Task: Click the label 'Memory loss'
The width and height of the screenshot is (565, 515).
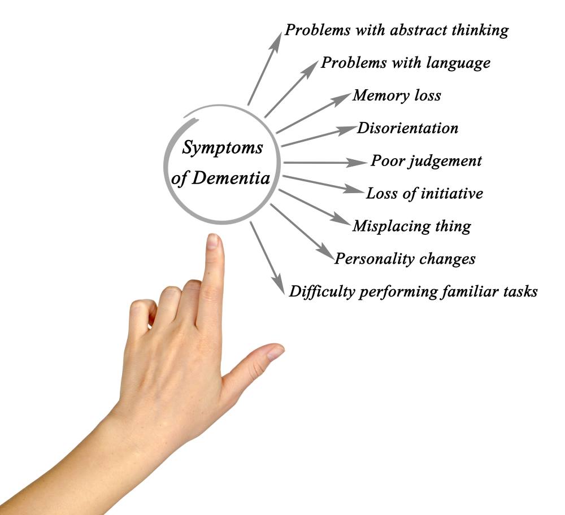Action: pyautogui.click(x=397, y=95)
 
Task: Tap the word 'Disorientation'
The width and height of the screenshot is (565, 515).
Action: pyautogui.click(x=407, y=128)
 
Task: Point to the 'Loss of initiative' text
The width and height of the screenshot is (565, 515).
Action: pyautogui.click(x=424, y=193)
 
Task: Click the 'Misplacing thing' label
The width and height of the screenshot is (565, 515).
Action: pyautogui.click(x=412, y=226)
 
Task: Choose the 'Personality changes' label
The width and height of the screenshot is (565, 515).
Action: pyautogui.click(x=405, y=259)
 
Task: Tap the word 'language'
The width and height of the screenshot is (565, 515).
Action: pyautogui.click(x=458, y=63)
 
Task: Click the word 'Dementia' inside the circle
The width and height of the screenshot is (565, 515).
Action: pyautogui.click(x=231, y=178)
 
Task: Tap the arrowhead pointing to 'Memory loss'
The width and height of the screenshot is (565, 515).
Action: pyautogui.click(x=342, y=98)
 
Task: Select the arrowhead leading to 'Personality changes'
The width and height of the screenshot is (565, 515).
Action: pyautogui.click(x=327, y=251)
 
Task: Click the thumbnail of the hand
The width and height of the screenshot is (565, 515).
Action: pyautogui.click(x=276, y=352)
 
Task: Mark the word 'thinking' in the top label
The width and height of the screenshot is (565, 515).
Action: pyautogui.click(x=480, y=30)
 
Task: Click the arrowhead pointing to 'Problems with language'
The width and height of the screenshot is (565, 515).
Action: pyautogui.click(x=311, y=68)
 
